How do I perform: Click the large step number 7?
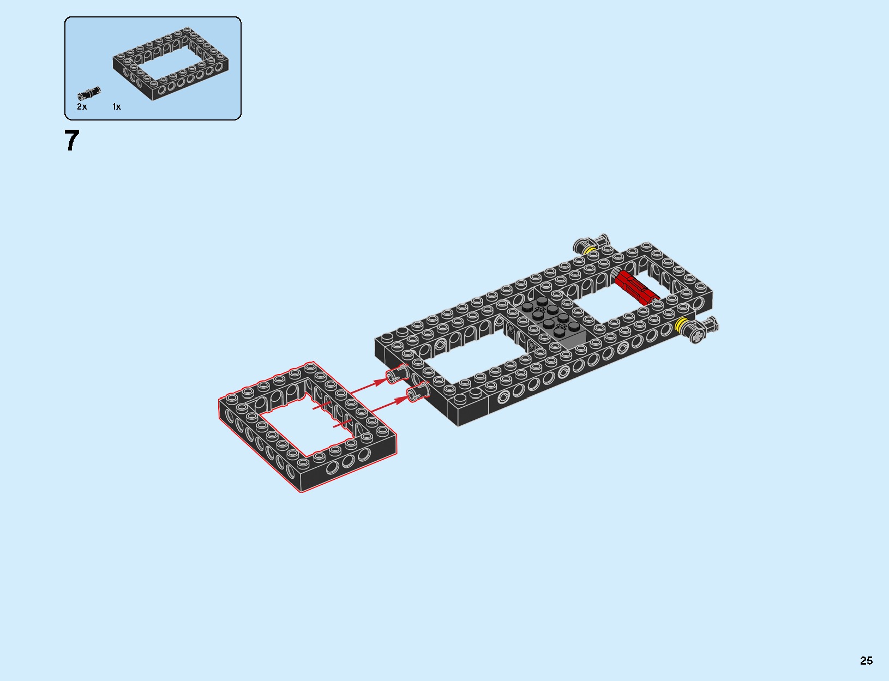click(71, 141)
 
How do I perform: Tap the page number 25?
click(866, 660)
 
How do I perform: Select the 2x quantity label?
click(82, 107)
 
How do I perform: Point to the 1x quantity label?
click(117, 107)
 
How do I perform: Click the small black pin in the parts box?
click(89, 93)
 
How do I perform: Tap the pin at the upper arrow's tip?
click(397, 374)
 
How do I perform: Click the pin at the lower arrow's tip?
click(417, 392)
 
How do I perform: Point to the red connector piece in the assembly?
click(636, 287)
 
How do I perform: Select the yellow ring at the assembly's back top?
click(589, 250)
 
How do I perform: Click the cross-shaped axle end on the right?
click(696, 334)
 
